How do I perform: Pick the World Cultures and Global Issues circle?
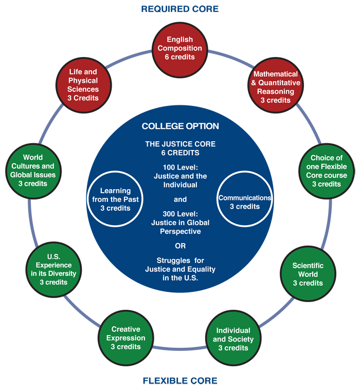33,165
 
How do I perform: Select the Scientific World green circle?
308,274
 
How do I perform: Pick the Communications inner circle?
245,201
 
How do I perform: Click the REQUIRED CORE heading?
180,9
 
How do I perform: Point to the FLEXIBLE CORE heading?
180,381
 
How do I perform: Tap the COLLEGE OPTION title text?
180,126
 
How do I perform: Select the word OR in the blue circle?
180,246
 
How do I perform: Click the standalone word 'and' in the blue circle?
180,199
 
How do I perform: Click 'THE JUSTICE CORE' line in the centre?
180,144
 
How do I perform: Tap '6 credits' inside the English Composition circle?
180,57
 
